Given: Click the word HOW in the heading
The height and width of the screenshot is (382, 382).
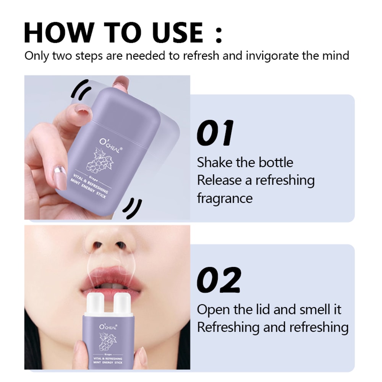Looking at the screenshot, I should pyautogui.click(x=58, y=32).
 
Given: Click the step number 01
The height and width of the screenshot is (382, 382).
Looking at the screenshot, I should pyautogui.click(x=215, y=133).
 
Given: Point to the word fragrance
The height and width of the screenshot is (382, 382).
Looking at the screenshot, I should pyautogui.click(x=225, y=199).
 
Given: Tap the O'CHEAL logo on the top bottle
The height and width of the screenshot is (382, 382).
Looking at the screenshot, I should pyautogui.click(x=109, y=146).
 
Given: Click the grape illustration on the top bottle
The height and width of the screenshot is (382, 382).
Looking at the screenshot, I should pyautogui.click(x=100, y=163).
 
